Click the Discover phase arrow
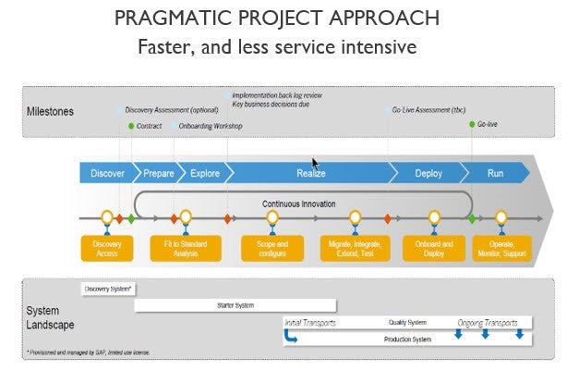[x=108, y=173]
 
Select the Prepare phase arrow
[x=158, y=173]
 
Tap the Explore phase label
[x=204, y=173]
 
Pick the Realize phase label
[x=310, y=173]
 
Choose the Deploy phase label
[x=428, y=173]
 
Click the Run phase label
[x=496, y=173]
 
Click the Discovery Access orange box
[x=107, y=248]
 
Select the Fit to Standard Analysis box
[x=186, y=248]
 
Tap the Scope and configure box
[x=271, y=248]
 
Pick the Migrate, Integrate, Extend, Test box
[x=356, y=248]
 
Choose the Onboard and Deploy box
[x=434, y=248]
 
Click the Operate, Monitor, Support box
[x=501, y=248]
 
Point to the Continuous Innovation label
[x=298, y=204]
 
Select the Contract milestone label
[x=149, y=126]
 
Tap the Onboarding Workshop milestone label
[x=211, y=126]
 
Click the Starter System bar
[x=235, y=304]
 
